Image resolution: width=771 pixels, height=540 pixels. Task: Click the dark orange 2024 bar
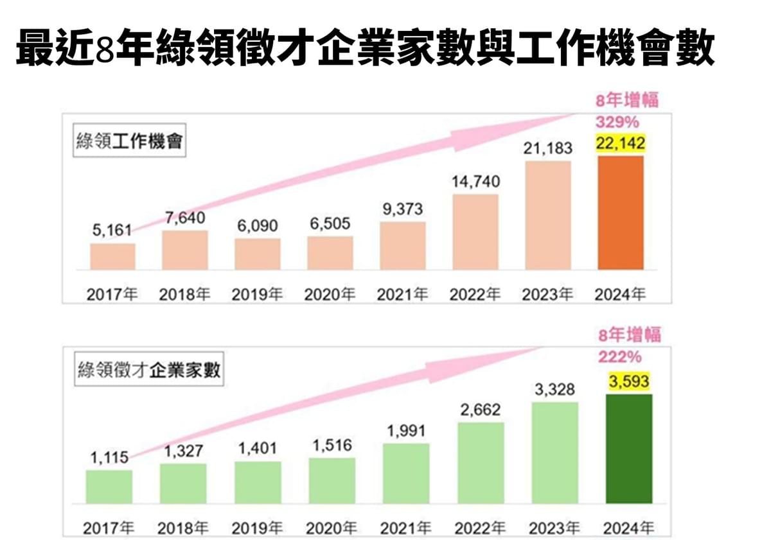coord(620,213)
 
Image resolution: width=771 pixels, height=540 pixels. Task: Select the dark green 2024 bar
coord(629,448)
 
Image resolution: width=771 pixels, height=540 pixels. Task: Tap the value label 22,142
coord(620,143)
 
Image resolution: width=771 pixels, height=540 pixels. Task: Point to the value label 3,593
coord(628,381)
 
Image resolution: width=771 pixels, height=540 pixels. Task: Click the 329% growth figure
coord(617,121)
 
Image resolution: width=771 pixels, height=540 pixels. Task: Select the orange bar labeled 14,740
coord(475,232)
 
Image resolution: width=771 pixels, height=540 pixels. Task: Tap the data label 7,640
coord(184,218)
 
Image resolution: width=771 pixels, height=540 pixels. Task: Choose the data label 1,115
coord(109,458)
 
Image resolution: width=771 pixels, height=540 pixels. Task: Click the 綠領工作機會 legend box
coord(127,143)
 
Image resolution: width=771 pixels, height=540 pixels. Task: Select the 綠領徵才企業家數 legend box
coord(149,370)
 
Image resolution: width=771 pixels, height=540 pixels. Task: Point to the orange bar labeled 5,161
coord(112,256)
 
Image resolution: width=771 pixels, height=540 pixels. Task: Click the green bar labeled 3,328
coord(555,453)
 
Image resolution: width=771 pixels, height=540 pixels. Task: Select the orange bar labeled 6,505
coord(330,253)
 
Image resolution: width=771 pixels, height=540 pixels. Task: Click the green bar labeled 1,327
coord(183,483)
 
